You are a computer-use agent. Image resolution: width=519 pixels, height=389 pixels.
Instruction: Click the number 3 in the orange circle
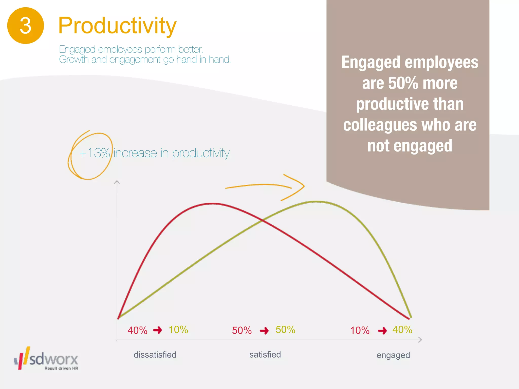click(x=25, y=26)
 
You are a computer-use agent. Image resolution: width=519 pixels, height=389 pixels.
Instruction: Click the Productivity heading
click(x=117, y=26)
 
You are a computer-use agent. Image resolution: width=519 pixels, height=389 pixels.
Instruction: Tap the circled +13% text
click(x=94, y=153)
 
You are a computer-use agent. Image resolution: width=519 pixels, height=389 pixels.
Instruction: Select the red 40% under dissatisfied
click(x=137, y=330)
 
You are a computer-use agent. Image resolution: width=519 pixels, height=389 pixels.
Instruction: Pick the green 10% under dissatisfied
click(x=178, y=330)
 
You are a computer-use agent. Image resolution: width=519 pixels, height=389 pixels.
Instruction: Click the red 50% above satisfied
click(x=242, y=330)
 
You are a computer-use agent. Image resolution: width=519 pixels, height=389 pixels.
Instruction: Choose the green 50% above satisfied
click(x=285, y=330)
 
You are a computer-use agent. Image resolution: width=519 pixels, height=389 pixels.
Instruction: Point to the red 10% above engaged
click(x=360, y=330)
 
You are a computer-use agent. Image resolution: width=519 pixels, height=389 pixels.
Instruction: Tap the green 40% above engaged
click(x=402, y=330)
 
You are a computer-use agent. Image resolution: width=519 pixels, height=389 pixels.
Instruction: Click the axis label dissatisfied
click(x=155, y=355)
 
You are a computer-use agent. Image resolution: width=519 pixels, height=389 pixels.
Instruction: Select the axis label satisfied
click(x=265, y=355)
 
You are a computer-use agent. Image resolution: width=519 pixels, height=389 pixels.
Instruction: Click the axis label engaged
click(x=393, y=355)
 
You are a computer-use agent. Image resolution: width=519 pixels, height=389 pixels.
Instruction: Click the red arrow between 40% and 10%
click(x=158, y=330)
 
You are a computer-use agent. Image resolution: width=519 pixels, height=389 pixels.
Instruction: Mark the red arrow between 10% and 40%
click(x=382, y=331)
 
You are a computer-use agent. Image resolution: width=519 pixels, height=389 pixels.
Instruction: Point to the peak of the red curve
click(x=213, y=203)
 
